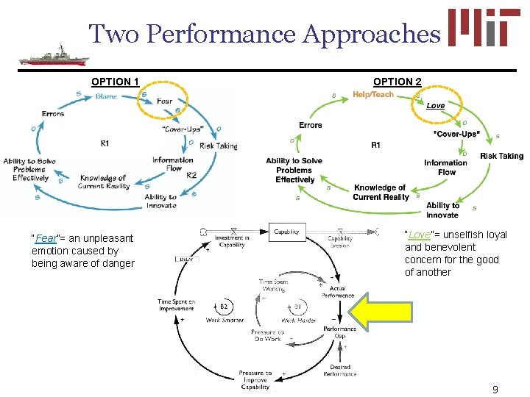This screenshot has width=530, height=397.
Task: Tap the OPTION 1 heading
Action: tap(115, 81)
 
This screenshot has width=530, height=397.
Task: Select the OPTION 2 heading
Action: tap(397, 81)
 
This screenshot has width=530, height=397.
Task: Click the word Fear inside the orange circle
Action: tap(165, 101)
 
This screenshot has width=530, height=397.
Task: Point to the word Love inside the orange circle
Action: tap(436, 106)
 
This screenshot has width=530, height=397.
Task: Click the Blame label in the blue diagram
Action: tap(106, 96)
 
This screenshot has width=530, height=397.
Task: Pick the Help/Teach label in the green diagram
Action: tap(373, 94)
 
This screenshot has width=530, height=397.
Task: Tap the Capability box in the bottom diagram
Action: tap(286, 232)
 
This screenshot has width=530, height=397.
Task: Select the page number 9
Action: tap(495, 390)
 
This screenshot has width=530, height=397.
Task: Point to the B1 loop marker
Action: tap(297, 307)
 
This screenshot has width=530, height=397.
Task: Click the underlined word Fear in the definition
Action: tap(46, 238)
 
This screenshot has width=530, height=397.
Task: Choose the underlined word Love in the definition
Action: tap(420, 235)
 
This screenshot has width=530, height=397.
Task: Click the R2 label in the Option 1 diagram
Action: tap(191, 175)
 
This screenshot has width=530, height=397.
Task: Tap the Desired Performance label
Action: tap(339, 370)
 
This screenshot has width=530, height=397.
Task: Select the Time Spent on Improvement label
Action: tap(177, 305)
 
